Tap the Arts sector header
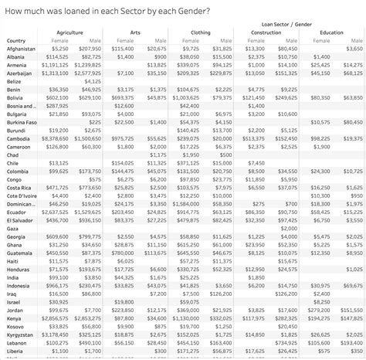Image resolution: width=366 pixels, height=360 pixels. point(136,32)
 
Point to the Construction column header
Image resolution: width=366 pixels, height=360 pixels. point(266,32)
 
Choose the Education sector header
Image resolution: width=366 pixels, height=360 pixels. point(332,32)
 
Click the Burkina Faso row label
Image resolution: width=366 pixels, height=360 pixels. point(22,122)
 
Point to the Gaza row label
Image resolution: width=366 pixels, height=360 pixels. point(13,228)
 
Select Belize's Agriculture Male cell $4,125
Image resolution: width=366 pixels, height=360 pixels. point(91,81)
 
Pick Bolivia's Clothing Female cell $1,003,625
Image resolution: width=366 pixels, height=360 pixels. point(186,97)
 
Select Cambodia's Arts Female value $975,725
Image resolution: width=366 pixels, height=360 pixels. point(123,138)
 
